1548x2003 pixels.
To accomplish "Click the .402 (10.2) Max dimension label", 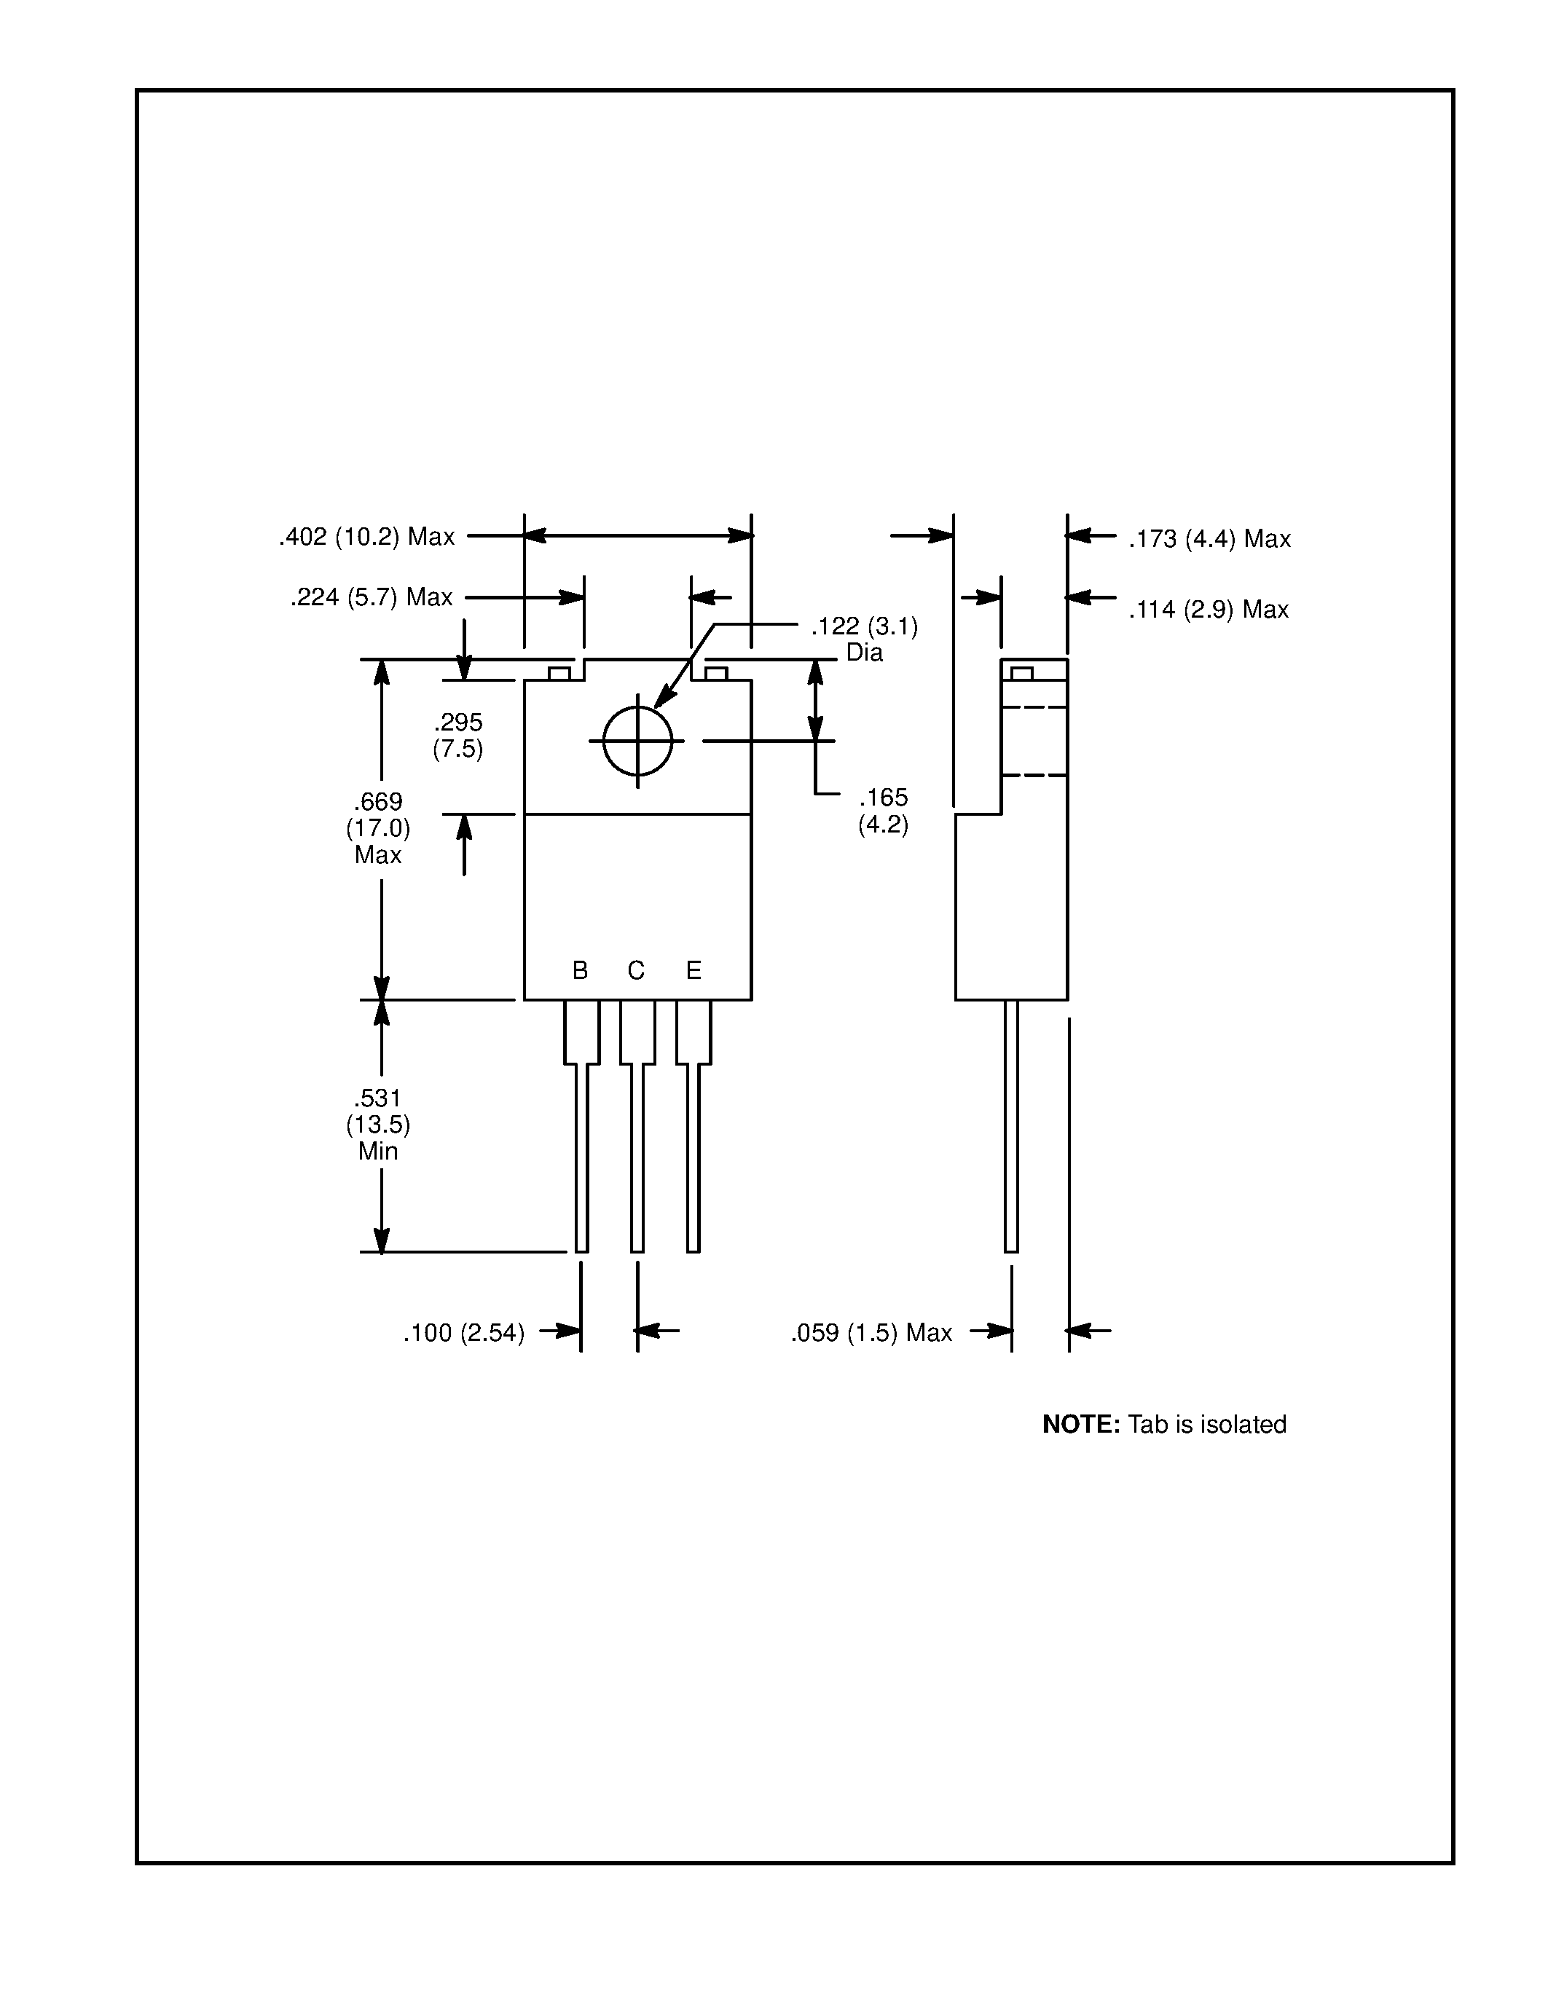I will click(367, 538).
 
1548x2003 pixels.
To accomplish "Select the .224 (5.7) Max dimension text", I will click(372, 598).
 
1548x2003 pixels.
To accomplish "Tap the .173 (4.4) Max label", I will click(1209, 539).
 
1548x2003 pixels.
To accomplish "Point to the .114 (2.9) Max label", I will click(1209, 610).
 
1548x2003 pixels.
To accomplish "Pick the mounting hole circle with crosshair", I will click(637, 741).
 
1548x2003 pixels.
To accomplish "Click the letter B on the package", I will click(580, 970).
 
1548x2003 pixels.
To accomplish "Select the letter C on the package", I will click(635, 970).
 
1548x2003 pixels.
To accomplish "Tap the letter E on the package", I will click(694, 970).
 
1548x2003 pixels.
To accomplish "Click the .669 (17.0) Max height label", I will click(378, 828).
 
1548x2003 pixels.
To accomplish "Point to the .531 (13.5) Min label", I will click(378, 1125).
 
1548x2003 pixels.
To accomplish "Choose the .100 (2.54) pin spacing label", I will click(464, 1334).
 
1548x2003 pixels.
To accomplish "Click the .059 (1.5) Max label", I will click(871, 1334).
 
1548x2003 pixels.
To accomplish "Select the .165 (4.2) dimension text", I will click(883, 811).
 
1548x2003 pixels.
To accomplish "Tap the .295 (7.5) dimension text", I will click(457, 736).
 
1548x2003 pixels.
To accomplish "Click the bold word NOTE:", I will click(1080, 1424).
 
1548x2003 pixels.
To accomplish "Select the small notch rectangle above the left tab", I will click(559, 674).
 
